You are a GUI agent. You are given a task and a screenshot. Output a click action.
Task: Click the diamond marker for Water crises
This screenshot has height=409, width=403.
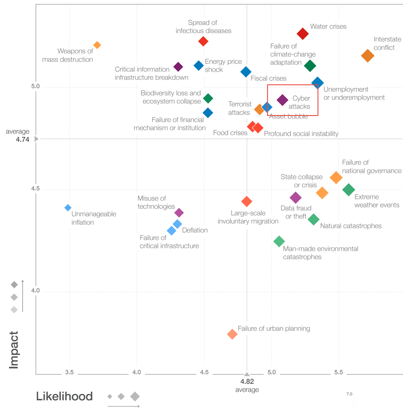click(303, 34)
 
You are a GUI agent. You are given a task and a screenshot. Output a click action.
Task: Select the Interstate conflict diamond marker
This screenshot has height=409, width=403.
click(368, 56)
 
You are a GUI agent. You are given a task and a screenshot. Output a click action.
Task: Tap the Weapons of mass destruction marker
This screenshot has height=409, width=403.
click(97, 45)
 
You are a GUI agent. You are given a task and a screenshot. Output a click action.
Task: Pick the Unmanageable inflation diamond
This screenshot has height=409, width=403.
click(68, 208)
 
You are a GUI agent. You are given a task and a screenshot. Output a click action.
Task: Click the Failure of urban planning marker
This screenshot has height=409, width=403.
click(232, 334)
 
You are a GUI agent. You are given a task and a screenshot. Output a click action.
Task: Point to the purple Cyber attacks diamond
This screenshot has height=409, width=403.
click(282, 100)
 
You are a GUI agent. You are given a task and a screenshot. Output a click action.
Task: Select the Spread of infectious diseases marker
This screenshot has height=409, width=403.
click(203, 41)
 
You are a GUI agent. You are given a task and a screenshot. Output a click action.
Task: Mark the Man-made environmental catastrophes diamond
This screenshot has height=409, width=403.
click(279, 241)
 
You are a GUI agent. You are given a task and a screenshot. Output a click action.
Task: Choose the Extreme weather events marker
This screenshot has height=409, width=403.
click(349, 190)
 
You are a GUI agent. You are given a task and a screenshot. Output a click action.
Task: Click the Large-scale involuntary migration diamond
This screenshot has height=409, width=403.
click(247, 201)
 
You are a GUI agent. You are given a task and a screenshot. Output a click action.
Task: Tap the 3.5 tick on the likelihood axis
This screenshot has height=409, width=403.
click(70, 372)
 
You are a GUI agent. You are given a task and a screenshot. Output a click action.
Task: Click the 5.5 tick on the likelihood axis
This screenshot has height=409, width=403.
click(338, 372)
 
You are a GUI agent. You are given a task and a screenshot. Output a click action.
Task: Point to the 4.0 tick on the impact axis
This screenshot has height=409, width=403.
click(35, 290)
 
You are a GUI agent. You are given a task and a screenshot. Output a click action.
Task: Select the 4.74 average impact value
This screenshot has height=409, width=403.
click(23, 139)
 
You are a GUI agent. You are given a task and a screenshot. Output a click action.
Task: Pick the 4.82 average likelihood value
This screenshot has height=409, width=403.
click(247, 381)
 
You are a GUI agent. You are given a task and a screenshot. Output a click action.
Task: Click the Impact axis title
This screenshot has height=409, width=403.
click(14, 350)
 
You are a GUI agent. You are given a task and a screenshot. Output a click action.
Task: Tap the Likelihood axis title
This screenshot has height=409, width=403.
click(64, 396)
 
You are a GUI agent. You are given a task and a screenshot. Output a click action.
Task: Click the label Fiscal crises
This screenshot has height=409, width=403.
click(268, 78)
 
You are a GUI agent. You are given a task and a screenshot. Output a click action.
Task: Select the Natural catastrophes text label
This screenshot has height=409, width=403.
click(351, 226)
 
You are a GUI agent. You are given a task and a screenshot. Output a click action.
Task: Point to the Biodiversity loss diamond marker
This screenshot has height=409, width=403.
click(208, 98)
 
